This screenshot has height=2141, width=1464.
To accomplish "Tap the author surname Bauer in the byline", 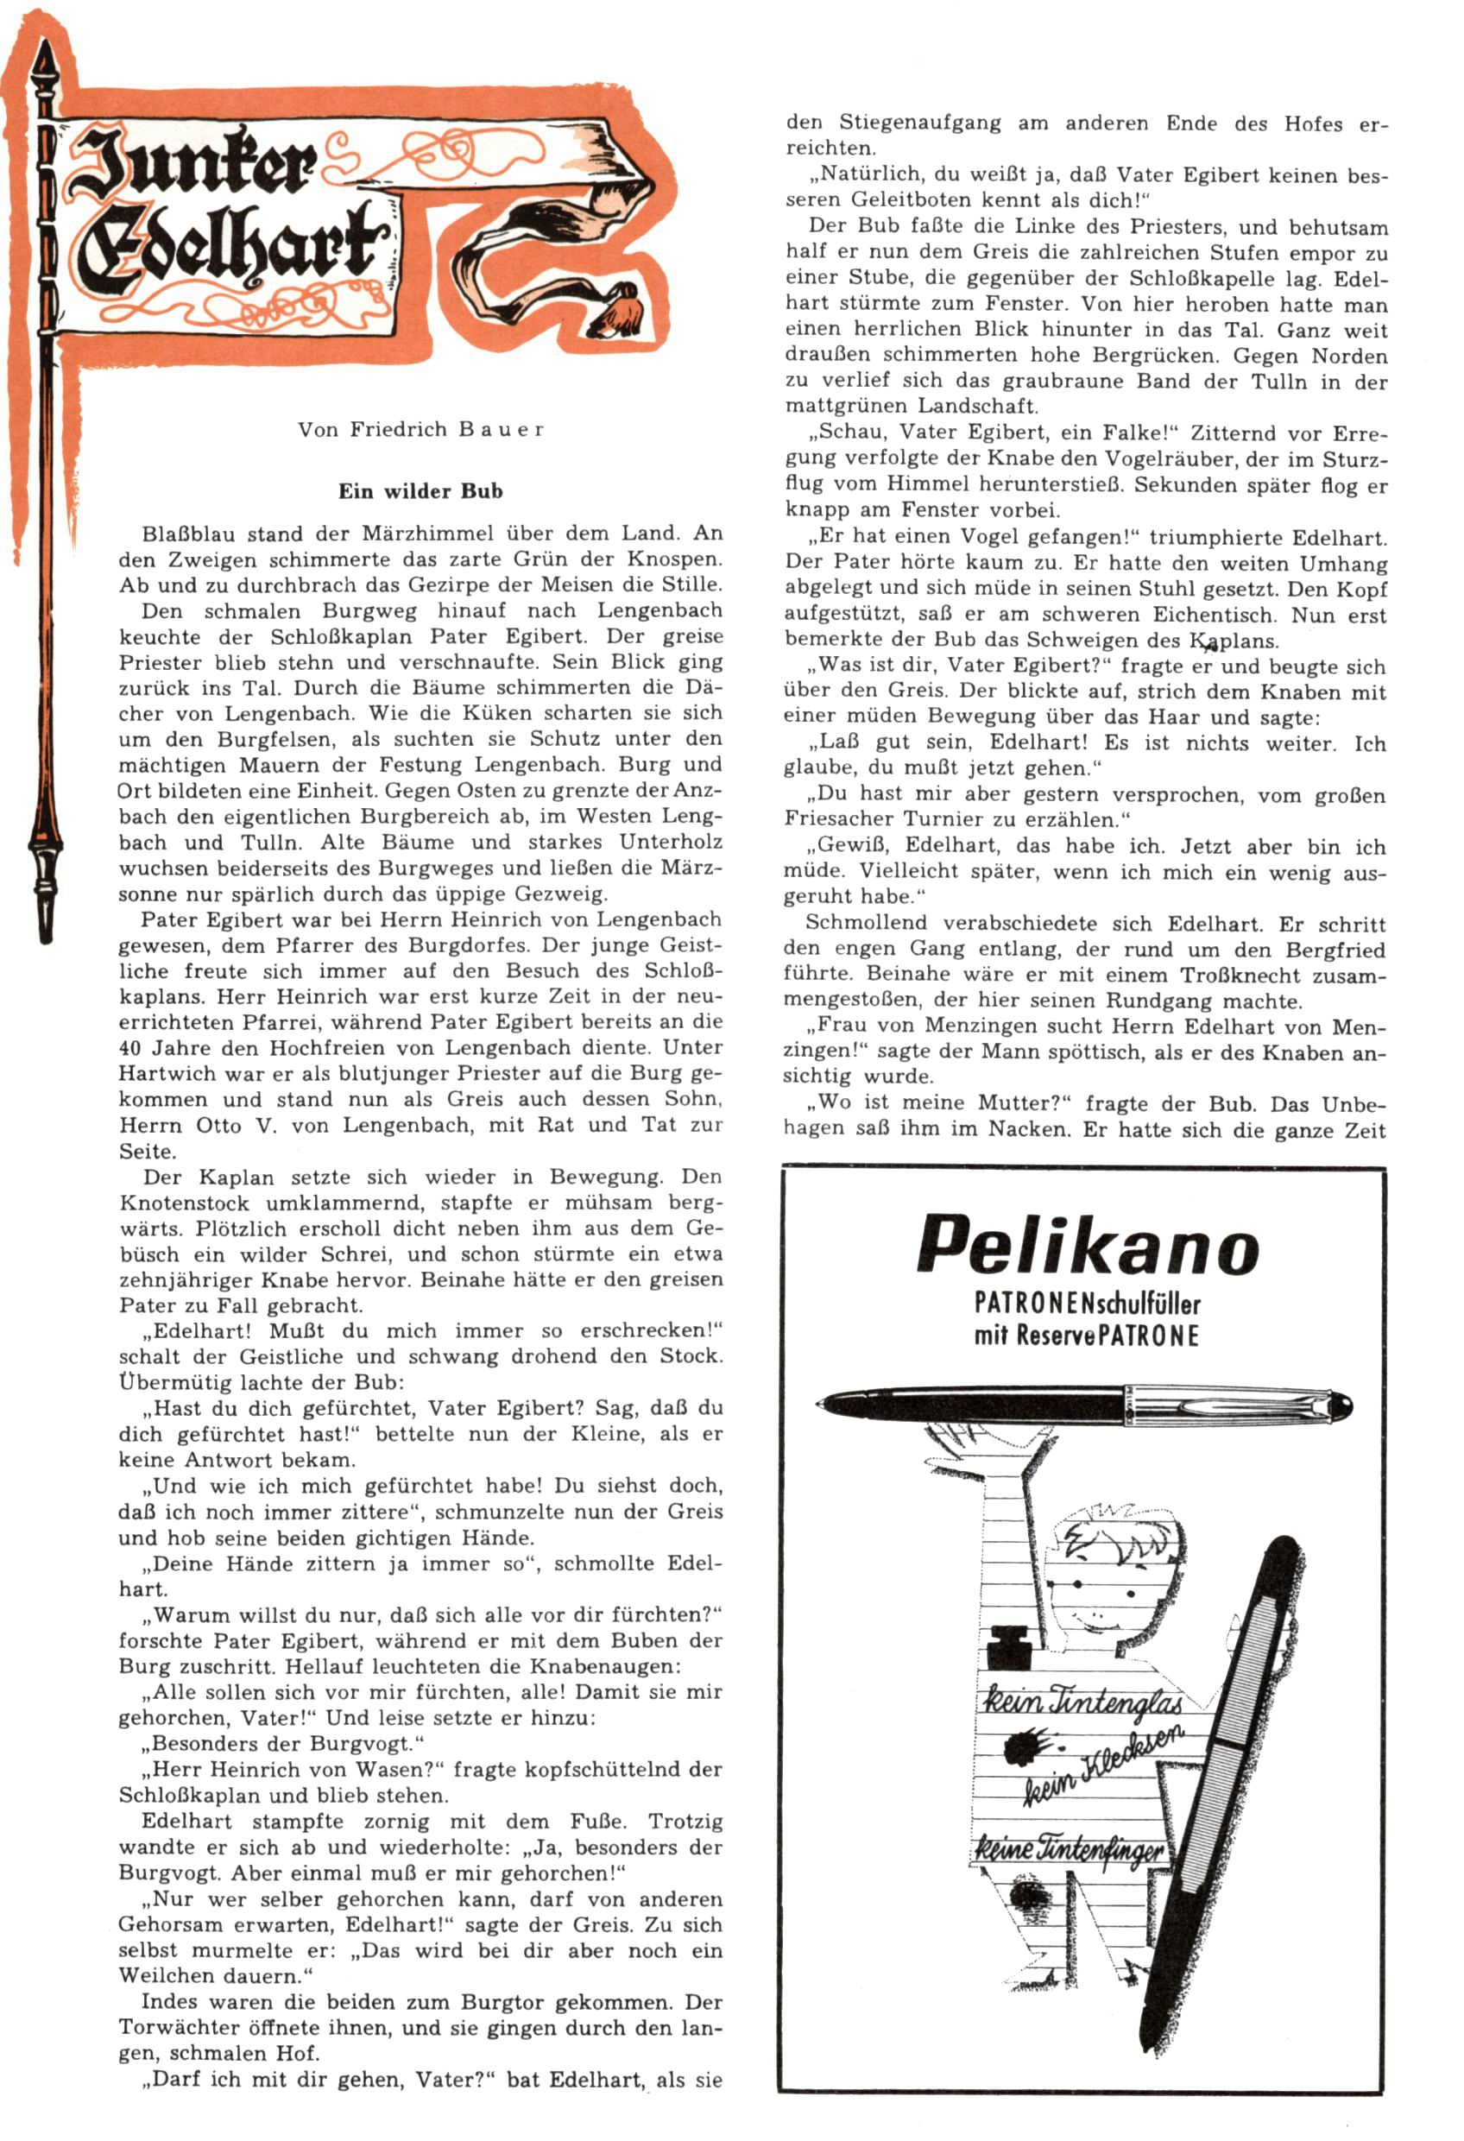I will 496,429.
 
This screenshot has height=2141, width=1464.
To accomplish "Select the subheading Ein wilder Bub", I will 420,491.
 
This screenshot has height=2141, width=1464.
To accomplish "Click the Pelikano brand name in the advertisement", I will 1087,1246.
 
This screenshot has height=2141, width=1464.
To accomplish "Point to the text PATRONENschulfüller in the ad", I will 1087,1303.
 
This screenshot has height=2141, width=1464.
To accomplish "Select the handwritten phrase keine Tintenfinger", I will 1070,1848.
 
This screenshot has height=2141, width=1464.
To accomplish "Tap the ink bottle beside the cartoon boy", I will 1011,1646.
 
